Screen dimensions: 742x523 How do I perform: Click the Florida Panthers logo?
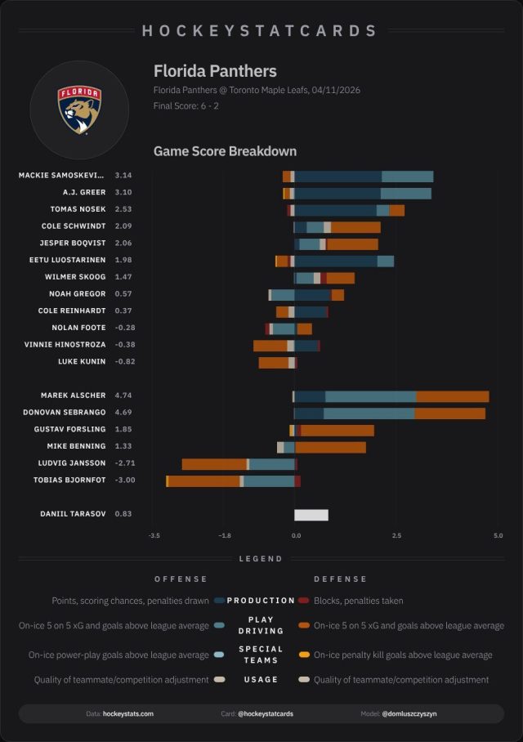coord(79,110)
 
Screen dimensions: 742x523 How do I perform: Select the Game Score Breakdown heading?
coord(225,151)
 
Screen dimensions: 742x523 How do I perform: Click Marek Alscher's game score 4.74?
coord(123,396)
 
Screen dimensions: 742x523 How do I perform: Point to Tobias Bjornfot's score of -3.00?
coord(123,480)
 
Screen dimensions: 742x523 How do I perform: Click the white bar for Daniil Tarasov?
coord(311,515)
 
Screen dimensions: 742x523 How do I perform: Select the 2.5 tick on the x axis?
coord(396,536)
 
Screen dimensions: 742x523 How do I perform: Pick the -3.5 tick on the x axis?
coord(154,536)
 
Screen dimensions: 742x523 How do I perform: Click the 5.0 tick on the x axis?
coord(498,536)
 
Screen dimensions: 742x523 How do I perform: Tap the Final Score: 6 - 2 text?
coord(185,106)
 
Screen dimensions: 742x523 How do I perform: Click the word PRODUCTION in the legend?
coord(261,601)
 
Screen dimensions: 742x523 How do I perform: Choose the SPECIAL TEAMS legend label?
coord(261,655)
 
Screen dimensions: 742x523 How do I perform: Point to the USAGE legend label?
coord(261,679)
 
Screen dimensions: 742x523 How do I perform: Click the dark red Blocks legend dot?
coord(304,601)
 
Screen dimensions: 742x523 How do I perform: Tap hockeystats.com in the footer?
coord(127,713)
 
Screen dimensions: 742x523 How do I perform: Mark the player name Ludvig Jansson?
coord(74,463)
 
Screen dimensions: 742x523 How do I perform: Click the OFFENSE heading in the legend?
coord(181,579)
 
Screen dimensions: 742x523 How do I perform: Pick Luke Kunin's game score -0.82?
coord(123,361)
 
